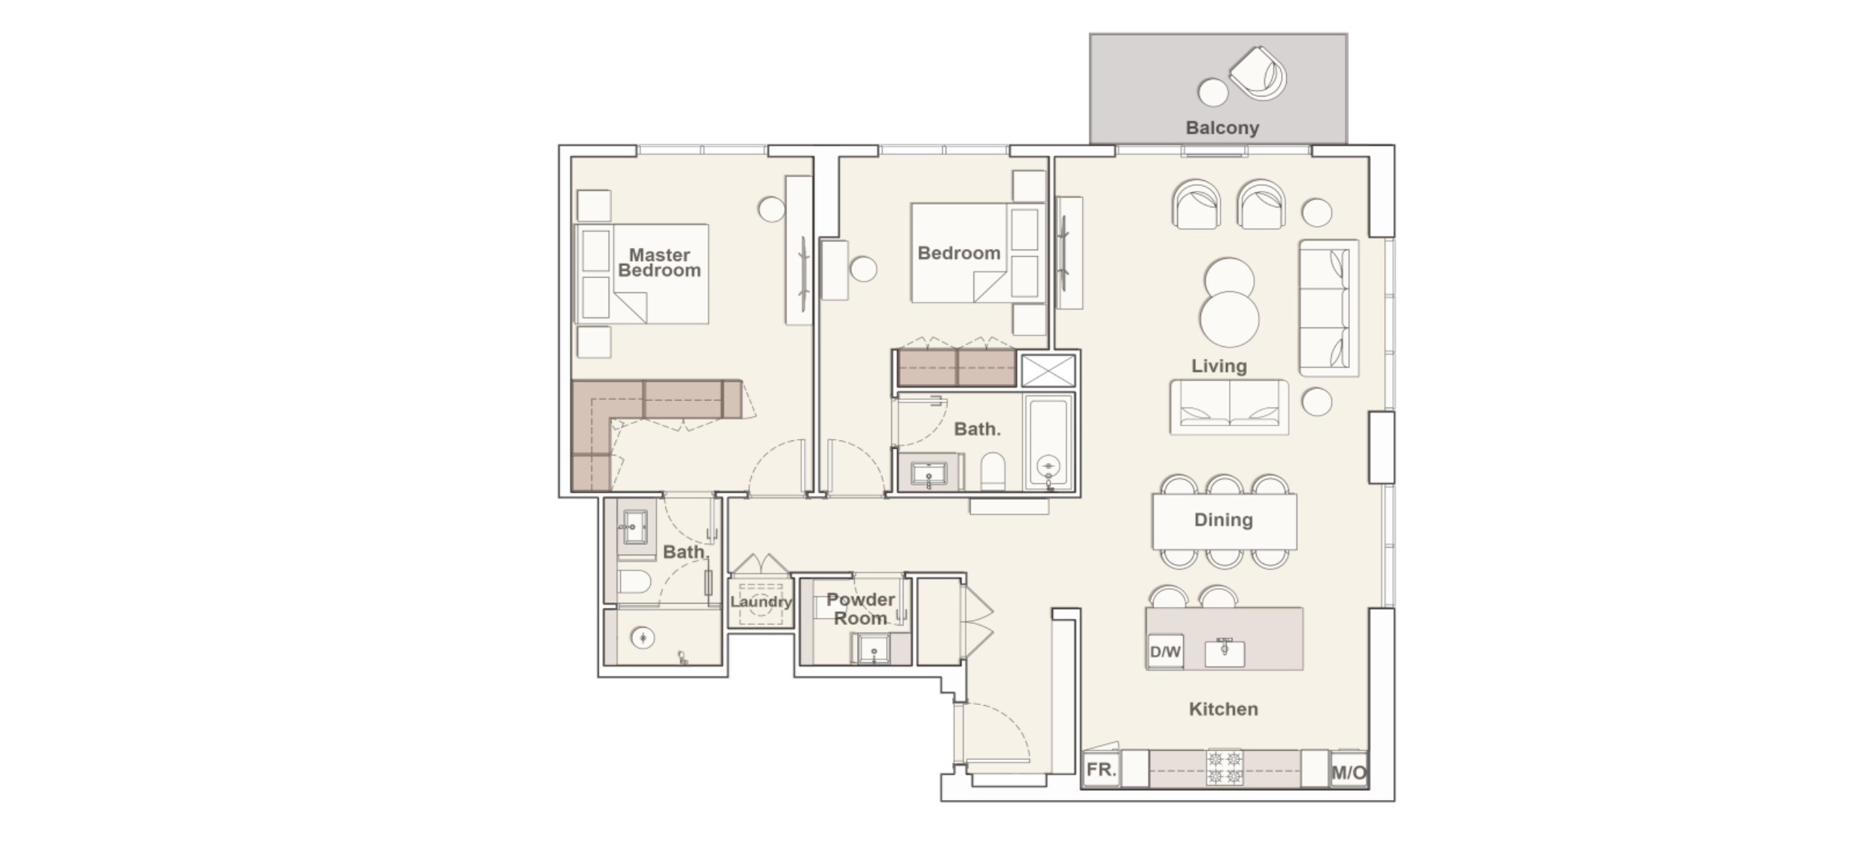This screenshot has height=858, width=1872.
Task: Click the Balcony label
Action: (x=1222, y=128)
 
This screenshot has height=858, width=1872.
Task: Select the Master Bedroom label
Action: (x=659, y=262)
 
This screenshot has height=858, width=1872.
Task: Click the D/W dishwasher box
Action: (x=1165, y=651)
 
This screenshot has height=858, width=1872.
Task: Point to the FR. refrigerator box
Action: (x=1101, y=769)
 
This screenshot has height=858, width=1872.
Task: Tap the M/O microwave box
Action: (x=1349, y=772)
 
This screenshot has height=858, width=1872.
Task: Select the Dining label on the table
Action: (x=1223, y=520)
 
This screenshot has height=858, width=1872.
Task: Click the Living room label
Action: (x=1219, y=366)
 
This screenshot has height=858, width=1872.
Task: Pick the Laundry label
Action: (x=761, y=601)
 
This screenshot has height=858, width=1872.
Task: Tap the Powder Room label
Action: (x=861, y=608)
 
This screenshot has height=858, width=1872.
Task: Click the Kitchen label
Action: (x=1223, y=709)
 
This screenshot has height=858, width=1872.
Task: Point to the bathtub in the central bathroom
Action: (x=1048, y=441)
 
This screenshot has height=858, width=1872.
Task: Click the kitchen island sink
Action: (x=1225, y=651)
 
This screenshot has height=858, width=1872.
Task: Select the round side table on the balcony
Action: (x=1212, y=92)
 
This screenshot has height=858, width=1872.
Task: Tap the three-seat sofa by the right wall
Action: (x=1328, y=308)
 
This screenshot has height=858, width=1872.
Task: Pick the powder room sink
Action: (x=873, y=648)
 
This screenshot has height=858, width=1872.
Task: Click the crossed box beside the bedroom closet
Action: (x=1048, y=370)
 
